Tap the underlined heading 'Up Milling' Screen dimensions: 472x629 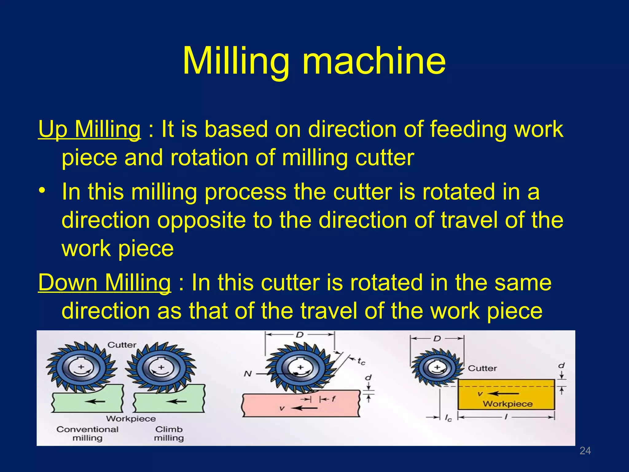click(x=89, y=129)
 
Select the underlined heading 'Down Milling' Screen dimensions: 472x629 click(x=104, y=283)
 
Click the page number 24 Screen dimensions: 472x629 click(x=585, y=451)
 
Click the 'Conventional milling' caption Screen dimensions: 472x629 click(x=88, y=433)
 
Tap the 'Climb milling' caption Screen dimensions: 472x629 click(x=169, y=433)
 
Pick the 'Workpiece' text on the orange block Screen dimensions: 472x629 click(x=508, y=404)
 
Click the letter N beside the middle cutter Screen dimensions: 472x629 click(x=248, y=374)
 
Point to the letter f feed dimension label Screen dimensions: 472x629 click(x=334, y=399)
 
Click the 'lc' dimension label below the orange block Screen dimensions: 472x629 click(x=448, y=418)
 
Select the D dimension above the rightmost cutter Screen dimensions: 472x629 click(x=437, y=339)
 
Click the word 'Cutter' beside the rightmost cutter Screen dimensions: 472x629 click(x=482, y=368)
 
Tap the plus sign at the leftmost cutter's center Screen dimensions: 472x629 click(x=81, y=367)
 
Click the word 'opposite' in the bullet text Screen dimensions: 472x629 click(x=201, y=220)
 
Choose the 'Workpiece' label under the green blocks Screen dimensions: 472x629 click(x=131, y=419)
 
